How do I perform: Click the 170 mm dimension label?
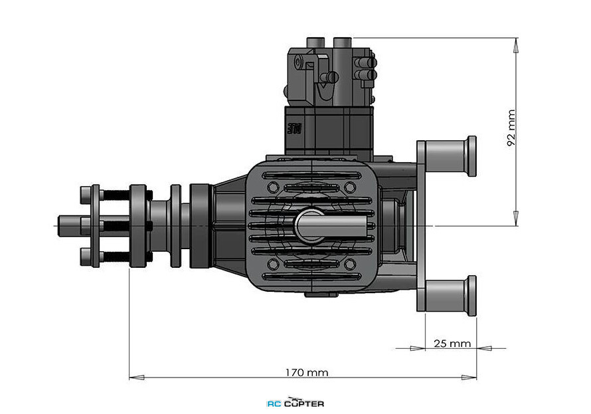click(306, 373)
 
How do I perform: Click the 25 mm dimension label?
click(452, 344)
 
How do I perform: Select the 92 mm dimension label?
click(511, 128)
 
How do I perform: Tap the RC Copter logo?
click(295, 403)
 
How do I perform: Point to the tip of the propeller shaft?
click(58, 226)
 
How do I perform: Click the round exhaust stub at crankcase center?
click(310, 226)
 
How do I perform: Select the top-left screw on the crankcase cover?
click(273, 187)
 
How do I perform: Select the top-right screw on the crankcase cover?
click(350, 187)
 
